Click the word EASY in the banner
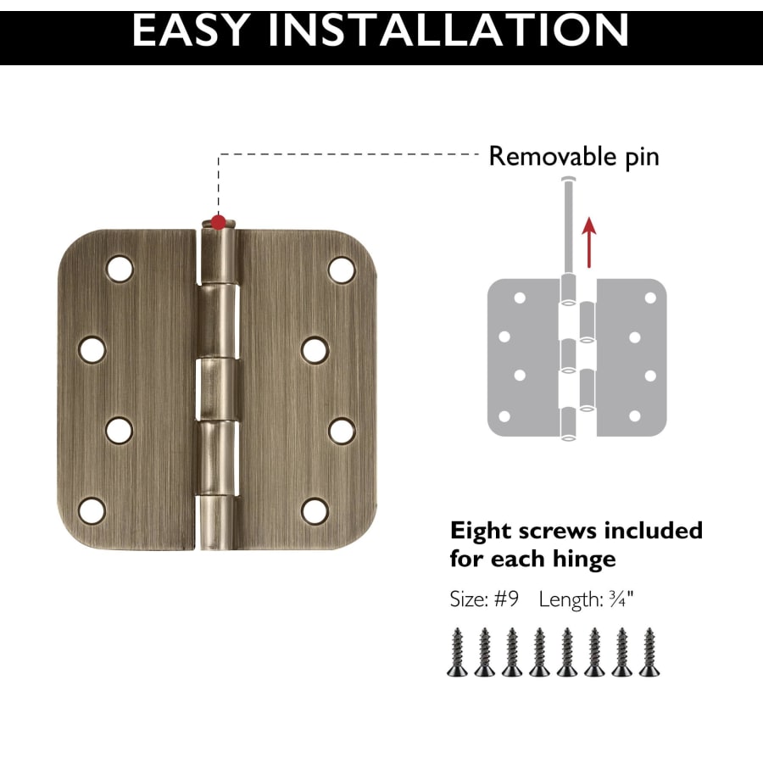[192, 31]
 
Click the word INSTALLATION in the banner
[448, 31]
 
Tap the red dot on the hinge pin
[219, 222]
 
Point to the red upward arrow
[589, 242]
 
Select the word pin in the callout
[643, 159]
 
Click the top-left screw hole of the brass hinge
[120, 269]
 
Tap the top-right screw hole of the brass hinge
[342, 270]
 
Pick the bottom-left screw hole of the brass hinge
[92, 510]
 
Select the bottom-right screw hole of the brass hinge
[315, 511]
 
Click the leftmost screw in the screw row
[458, 652]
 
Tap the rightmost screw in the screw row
[649, 652]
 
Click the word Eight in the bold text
[481, 532]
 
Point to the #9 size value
[507, 599]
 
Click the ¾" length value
[621, 599]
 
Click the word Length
[571, 600]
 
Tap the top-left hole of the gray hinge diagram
[520, 298]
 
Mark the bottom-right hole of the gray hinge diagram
[634, 416]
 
